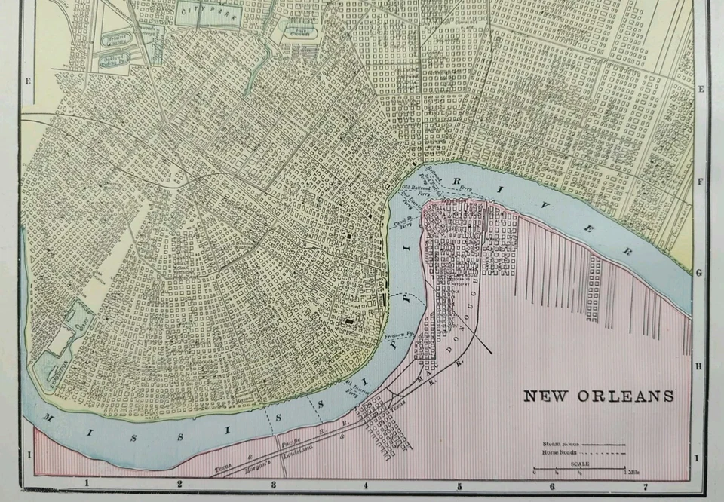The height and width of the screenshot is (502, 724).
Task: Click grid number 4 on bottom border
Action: pos(365,485)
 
